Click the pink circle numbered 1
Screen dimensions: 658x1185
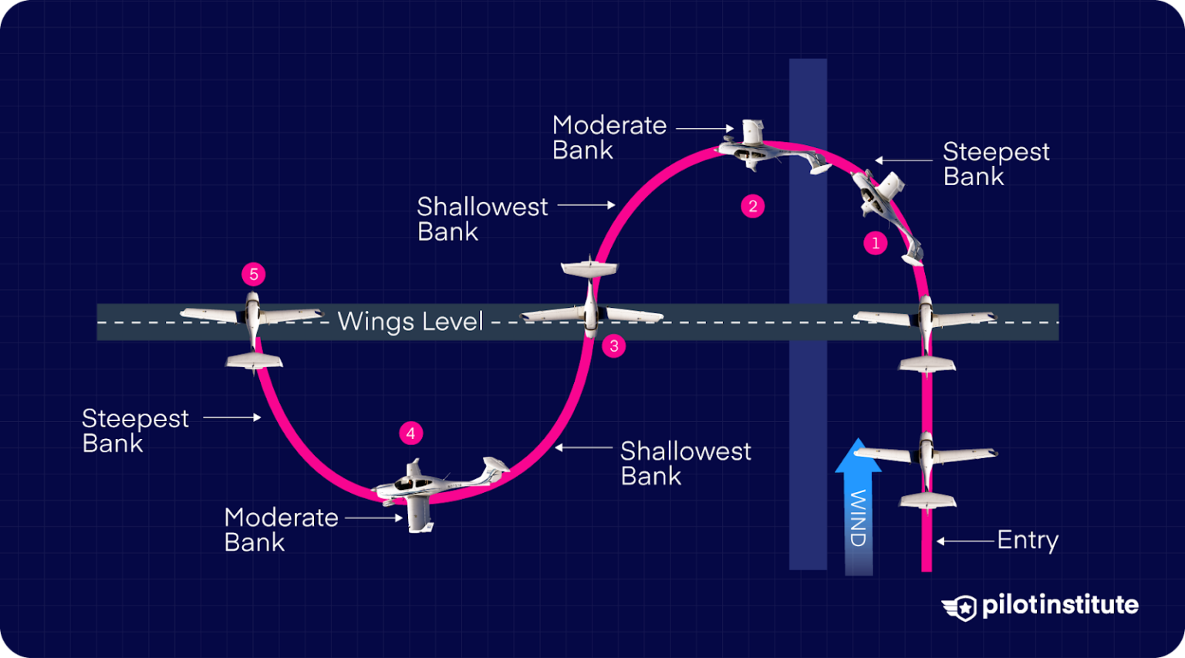pos(875,243)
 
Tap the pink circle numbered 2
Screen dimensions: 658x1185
pos(752,206)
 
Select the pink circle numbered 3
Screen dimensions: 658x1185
pos(614,346)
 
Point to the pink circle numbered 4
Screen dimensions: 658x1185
pos(410,434)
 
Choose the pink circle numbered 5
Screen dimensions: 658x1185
pos(254,274)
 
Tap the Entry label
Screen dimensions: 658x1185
pos(1027,540)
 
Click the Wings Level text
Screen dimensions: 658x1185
pos(410,321)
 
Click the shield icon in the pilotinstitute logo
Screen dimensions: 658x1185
pos(960,608)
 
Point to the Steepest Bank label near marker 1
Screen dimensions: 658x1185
pos(995,164)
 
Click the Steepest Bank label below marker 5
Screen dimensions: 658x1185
pos(135,430)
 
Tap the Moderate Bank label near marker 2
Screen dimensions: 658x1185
pos(609,137)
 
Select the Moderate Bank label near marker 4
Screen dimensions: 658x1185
pos(281,529)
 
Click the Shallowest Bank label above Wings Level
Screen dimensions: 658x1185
pos(482,219)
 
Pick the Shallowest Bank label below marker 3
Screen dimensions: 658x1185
pos(685,463)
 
